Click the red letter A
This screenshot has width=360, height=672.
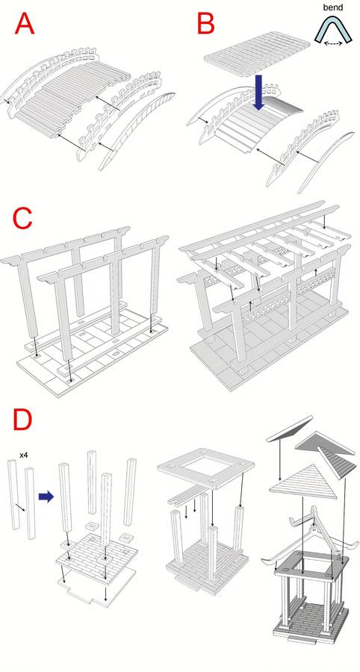[x=25, y=23]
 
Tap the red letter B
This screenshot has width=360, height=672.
[x=205, y=23]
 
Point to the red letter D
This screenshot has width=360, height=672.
[x=22, y=419]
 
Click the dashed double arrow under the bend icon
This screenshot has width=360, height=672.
[x=333, y=43]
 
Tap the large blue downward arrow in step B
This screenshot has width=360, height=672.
[x=261, y=92]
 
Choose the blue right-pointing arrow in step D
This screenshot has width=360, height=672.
[x=46, y=497]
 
